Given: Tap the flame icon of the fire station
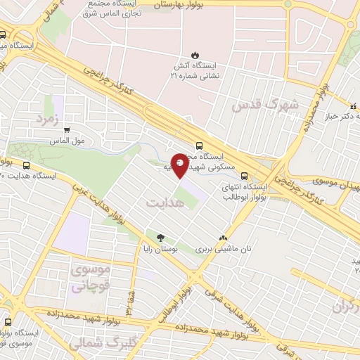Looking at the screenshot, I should pyautogui.click(x=194, y=55).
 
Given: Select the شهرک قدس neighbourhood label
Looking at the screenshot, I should pyautogui.click(x=264, y=105).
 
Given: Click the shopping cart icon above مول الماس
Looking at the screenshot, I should pyautogui.click(x=67, y=129).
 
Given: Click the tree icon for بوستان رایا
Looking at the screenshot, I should pyautogui.click(x=161, y=238).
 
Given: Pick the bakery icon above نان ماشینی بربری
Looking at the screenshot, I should pyautogui.click(x=224, y=238).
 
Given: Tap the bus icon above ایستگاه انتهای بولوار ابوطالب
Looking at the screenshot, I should pyautogui.click(x=244, y=176).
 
